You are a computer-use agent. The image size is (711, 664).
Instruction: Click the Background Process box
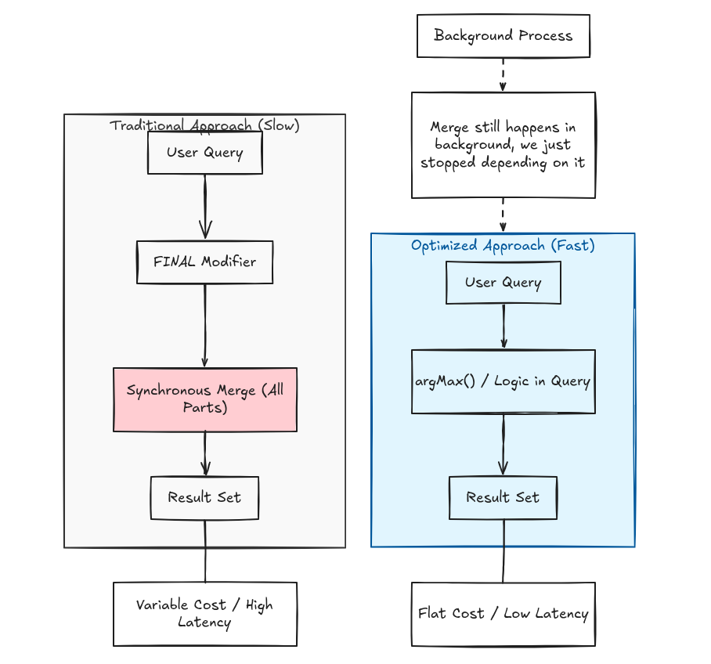point(503,36)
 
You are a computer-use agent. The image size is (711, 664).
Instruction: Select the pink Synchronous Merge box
point(205,399)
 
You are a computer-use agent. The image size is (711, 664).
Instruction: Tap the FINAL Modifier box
point(205,262)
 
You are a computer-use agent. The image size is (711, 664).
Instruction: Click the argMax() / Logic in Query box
point(503,381)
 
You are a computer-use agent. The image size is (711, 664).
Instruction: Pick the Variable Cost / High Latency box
point(205,614)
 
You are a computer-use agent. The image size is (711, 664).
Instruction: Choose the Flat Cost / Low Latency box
point(503,614)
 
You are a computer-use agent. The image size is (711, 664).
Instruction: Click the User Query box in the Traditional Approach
point(205,153)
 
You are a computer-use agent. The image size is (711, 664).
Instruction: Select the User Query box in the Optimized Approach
point(503,283)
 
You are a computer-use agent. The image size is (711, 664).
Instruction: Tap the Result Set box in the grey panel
point(204,497)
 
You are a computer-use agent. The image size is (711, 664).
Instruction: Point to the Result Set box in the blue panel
point(503,497)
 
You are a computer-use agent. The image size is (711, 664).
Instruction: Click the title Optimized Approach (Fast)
point(503,245)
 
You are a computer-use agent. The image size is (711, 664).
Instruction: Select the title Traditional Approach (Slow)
point(204,125)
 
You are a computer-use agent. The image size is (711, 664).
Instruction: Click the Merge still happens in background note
point(503,145)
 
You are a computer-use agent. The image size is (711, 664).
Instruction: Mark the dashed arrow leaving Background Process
point(503,75)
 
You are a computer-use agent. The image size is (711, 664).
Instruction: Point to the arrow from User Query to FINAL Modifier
point(205,207)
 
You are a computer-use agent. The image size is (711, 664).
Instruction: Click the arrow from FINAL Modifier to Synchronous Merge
point(205,326)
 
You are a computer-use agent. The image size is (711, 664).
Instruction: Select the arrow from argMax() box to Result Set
point(503,445)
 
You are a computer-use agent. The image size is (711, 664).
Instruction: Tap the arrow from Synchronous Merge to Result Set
point(205,453)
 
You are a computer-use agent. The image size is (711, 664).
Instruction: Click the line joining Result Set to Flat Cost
point(503,551)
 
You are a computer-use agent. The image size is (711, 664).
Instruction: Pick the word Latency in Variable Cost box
point(204,622)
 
